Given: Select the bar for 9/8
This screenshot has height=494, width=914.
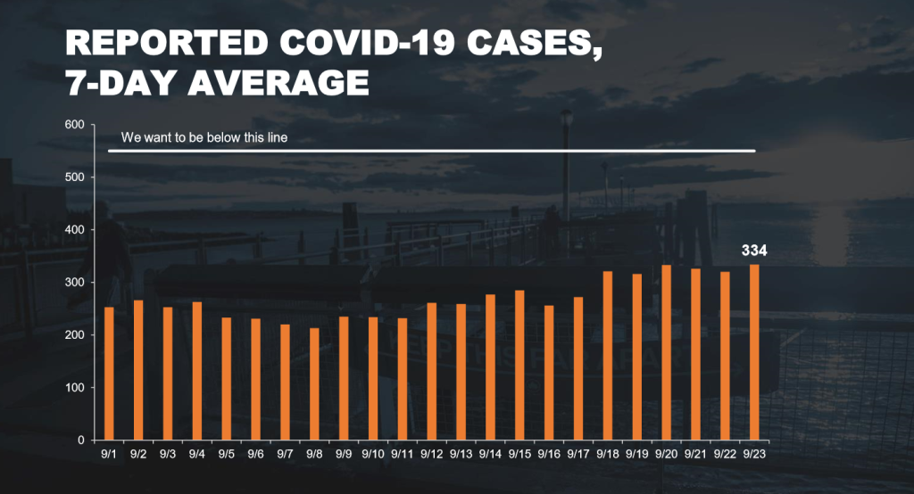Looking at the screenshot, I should (314, 384).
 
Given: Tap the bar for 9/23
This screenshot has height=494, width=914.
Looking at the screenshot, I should (754, 352).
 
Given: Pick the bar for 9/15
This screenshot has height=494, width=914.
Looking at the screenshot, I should (519, 365).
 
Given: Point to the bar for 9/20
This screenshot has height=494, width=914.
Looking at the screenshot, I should (666, 352).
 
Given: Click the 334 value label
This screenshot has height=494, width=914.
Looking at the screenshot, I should (754, 250).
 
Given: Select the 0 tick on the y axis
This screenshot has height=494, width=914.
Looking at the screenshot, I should (80, 440).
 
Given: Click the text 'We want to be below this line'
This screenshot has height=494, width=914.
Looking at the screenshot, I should (204, 138).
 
